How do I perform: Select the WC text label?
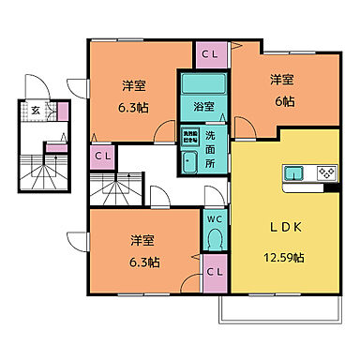pyautogui.click(x=214, y=219)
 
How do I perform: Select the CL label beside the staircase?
pyautogui.click(x=103, y=155)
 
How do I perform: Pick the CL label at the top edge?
pyautogui.click(x=211, y=53)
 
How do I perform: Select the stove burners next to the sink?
pyautogui.click(x=326, y=172)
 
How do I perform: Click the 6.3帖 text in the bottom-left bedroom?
pyautogui.click(x=140, y=262)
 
